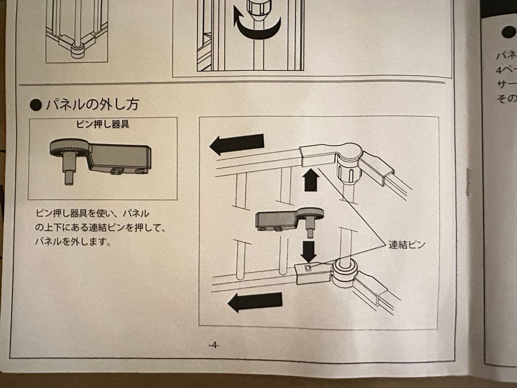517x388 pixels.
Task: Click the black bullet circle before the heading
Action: click(36, 105)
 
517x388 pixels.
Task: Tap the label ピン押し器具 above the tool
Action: click(102, 125)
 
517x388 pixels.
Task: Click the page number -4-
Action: click(214, 345)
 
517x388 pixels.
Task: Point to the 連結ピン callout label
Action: click(406, 245)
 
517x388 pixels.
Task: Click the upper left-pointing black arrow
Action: click(237, 144)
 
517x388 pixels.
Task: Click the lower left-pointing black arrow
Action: click(254, 302)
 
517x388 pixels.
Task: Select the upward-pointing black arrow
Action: click(311, 180)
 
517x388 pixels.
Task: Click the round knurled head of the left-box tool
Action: click(68, 148)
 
